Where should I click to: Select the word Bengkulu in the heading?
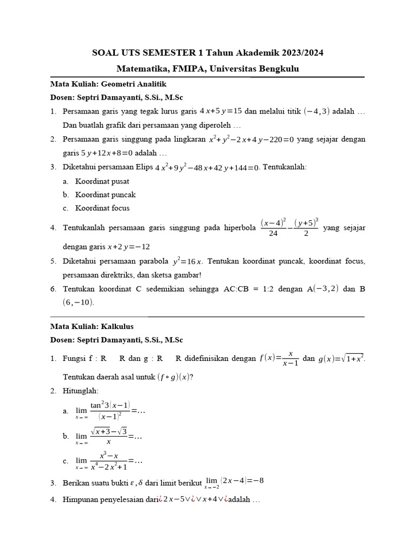(274, 69)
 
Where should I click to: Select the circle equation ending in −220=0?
(251, 139)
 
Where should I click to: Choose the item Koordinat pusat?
(102, 181)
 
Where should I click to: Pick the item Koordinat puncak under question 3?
(106, 194)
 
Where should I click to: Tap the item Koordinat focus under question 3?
(102, 208)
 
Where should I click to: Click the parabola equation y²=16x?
(188, 261)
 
